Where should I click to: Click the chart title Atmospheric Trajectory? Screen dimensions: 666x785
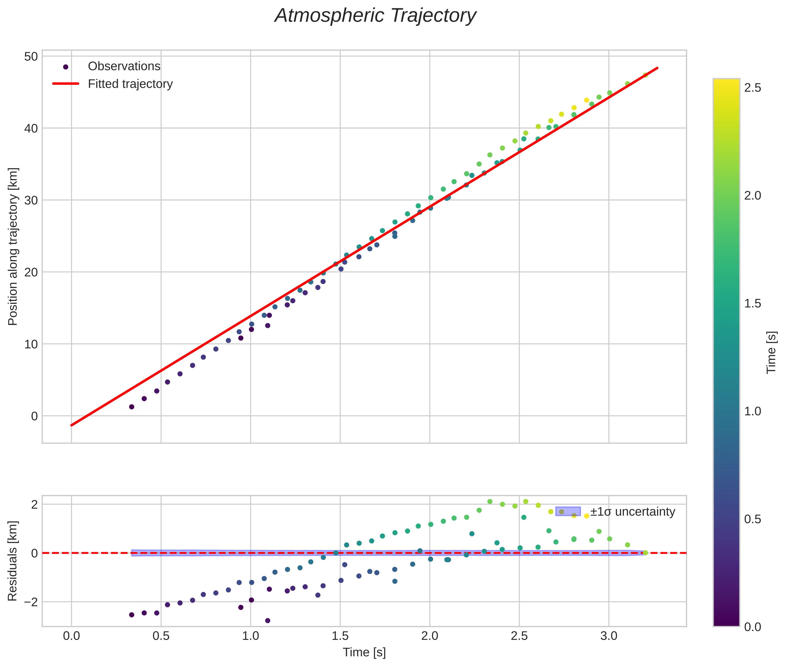(375, 16)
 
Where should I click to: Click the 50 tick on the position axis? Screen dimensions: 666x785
(32, 57)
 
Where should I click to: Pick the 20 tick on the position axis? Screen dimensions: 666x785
(32, 272)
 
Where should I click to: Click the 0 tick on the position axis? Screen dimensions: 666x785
(34, 416)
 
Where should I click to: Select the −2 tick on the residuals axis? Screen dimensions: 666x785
(29, 602)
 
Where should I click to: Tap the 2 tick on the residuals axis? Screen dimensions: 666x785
(34, 505)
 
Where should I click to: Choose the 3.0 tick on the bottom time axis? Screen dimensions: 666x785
(608, 636)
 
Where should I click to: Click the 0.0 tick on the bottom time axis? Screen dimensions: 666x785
(71, 636)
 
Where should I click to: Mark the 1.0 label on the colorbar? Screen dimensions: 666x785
(752, 412)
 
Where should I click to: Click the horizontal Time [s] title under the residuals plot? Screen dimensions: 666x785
(364, 652)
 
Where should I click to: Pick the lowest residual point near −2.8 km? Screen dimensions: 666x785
(267, 621)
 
